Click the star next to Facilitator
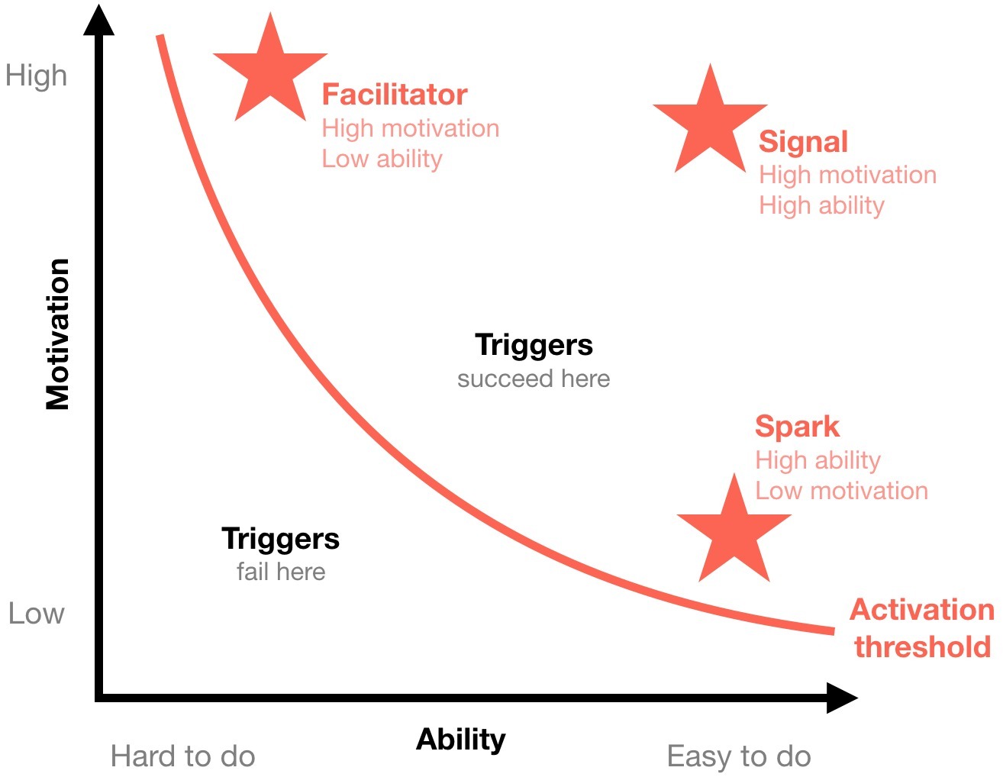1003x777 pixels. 270,73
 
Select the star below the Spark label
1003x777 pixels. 734,532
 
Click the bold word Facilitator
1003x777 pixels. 394,95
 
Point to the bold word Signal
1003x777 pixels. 803,142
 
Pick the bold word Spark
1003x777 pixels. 797,427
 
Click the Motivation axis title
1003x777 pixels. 58,334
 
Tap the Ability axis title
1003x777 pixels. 461,739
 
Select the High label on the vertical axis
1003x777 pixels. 36,76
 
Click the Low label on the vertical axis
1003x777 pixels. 36,614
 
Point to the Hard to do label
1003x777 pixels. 182,756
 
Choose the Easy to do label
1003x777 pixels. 738,756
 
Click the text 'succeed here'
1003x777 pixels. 534,379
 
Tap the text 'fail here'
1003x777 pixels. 281,572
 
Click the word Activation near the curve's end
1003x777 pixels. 922,610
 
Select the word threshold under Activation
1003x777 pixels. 922,646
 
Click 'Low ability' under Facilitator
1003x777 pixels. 382,159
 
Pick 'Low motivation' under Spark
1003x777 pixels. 841,491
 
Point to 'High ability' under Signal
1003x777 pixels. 821,205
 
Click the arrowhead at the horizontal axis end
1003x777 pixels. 842,698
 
